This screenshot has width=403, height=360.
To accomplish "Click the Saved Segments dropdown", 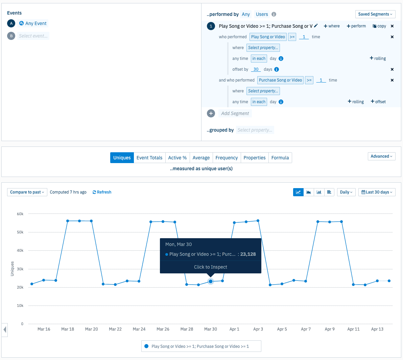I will [x=375, y=14].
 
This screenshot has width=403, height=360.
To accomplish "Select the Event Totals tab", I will [x=149, y=158].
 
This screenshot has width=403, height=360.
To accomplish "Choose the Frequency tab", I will [x=227, y=158].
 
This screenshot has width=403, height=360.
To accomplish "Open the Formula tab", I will [x=280, y=158].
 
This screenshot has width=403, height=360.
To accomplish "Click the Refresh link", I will [x=102, y=192].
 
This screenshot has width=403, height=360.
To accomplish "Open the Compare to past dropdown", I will [x=27, y=192].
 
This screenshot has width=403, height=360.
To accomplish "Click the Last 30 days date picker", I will [x=377, y=192].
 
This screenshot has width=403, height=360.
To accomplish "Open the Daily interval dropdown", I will [x=346, y=192].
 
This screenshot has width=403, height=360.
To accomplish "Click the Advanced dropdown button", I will [x=381, y=156].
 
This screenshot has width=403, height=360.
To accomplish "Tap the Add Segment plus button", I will [x=211, y=113].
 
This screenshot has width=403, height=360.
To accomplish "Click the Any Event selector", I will [x=33, y=23].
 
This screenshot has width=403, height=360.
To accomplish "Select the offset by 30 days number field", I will [x=256, y=69].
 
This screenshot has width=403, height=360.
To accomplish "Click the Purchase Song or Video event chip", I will [x=280, y=80].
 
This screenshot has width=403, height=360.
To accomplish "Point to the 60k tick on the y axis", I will [x=20, y=214].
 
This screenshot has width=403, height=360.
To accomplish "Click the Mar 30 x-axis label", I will [x=211, y=329].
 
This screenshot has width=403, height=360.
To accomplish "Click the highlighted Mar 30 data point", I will [x=211, y=282].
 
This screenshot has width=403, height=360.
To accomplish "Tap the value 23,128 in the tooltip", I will [x=248, y=254].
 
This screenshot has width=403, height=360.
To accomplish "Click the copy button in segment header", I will [x=379, y=26].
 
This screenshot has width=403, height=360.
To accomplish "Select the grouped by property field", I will [x=255, y=130].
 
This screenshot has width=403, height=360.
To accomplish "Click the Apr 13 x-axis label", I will [x=377, y=329].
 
